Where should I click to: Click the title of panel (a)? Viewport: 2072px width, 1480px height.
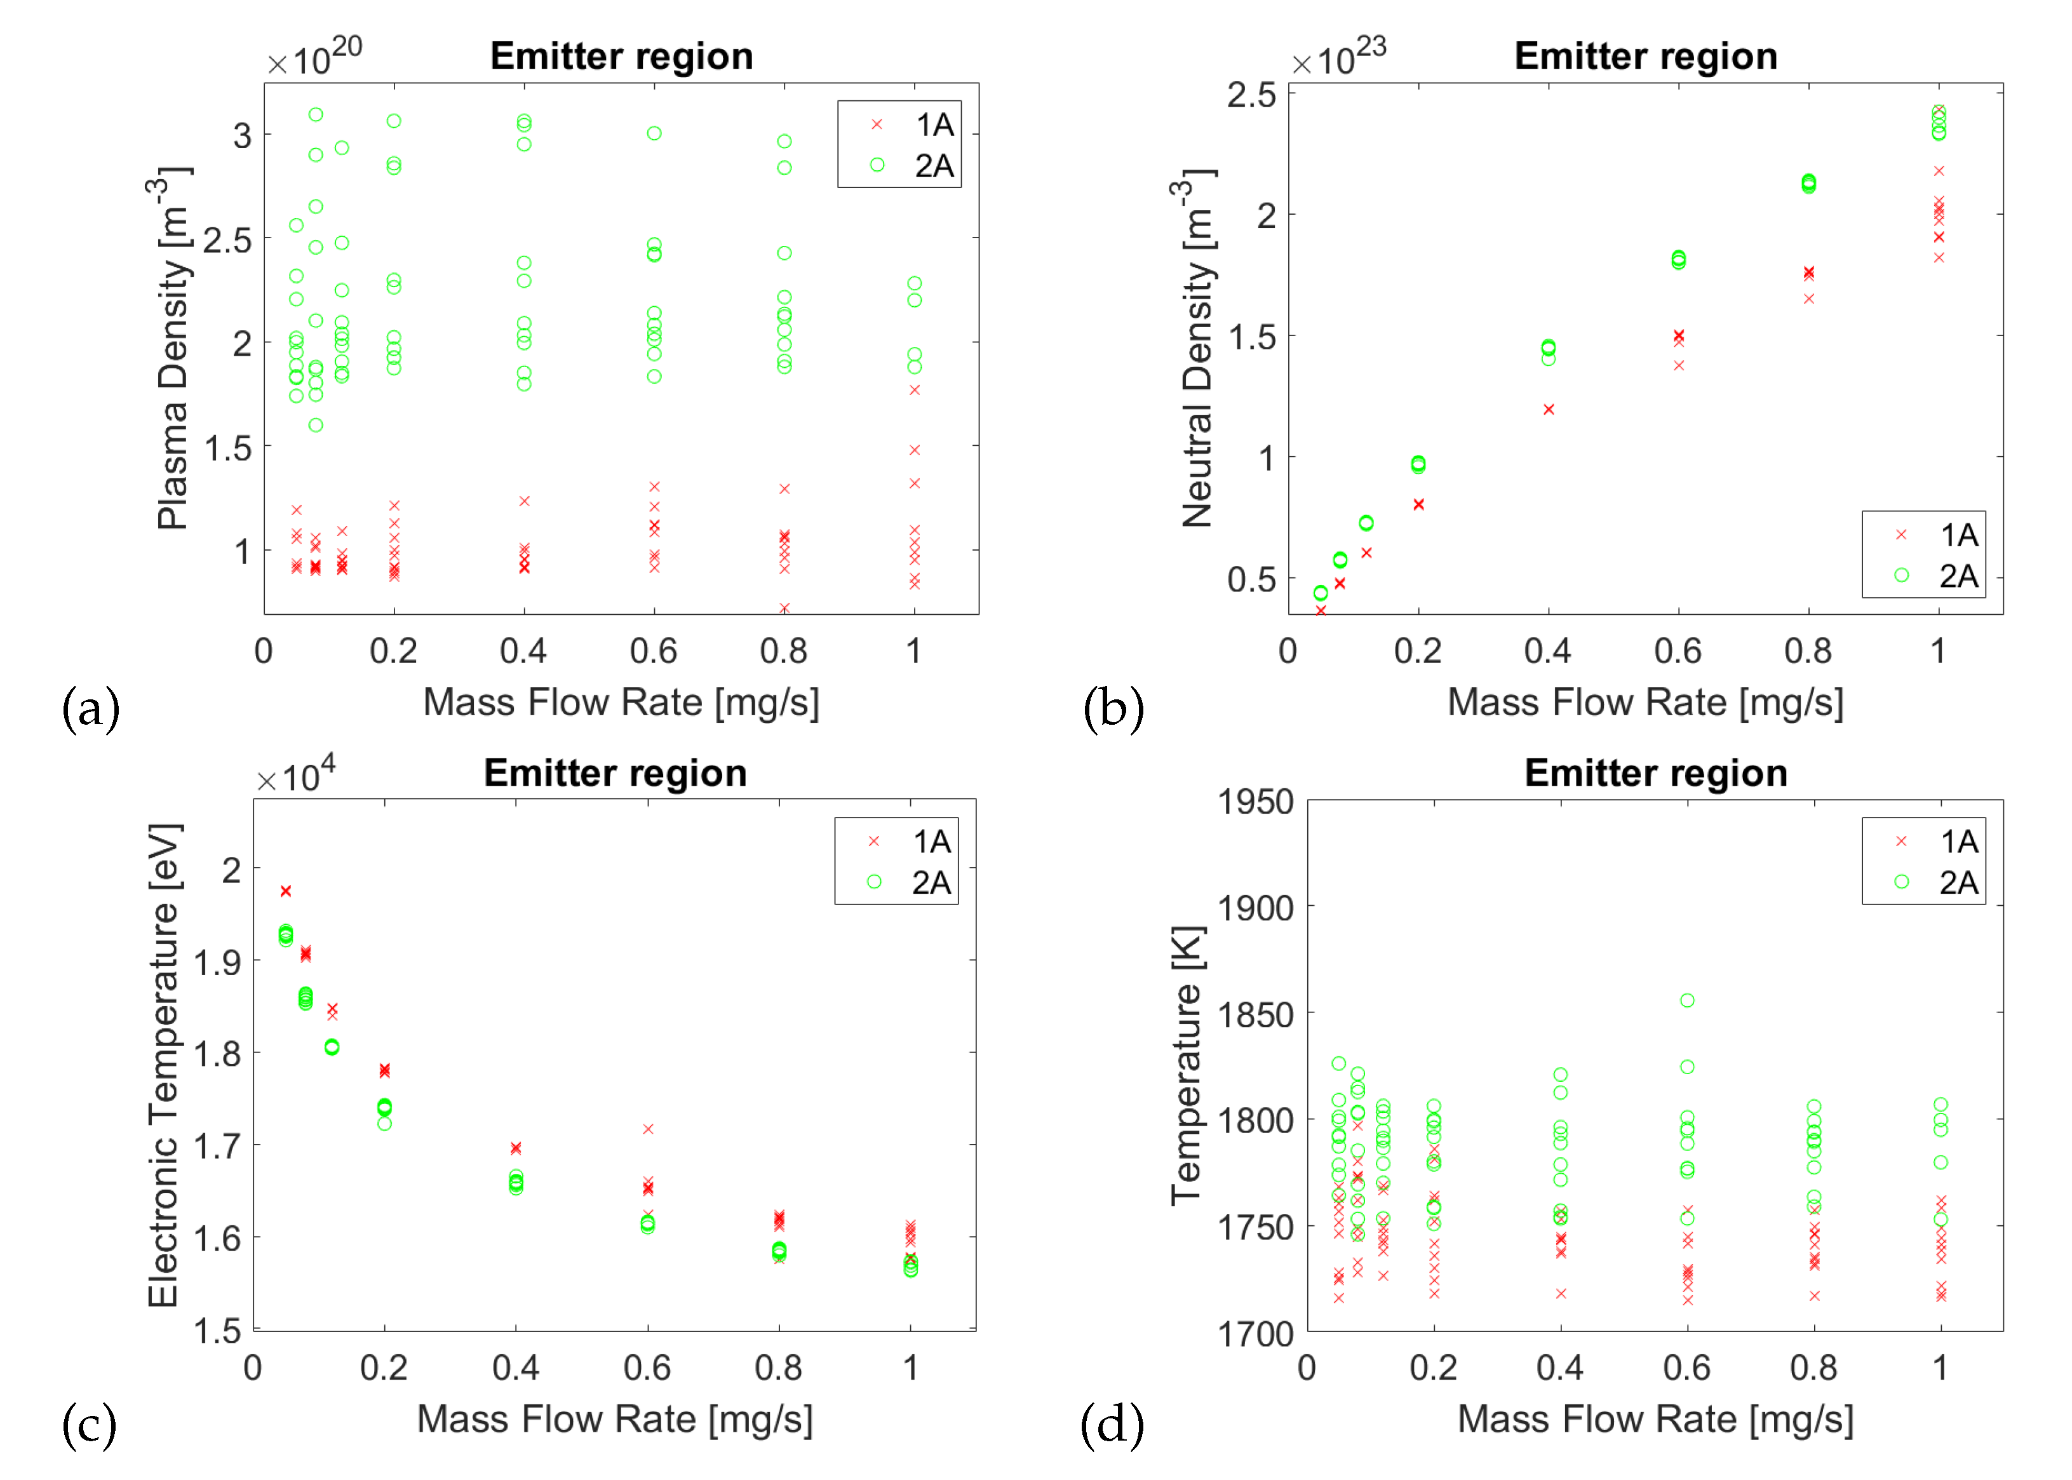[x=621, y=57]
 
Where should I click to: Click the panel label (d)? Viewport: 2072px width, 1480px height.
[x=1111, y=1423]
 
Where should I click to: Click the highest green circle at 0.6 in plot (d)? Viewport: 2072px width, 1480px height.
[x=1686, y=1000]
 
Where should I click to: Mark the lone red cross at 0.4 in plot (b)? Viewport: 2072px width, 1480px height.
[x=1548, y=409]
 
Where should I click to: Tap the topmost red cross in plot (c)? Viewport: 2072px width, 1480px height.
[x=286, y=891]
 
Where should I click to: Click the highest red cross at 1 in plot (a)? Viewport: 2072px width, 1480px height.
[x=914, y=390]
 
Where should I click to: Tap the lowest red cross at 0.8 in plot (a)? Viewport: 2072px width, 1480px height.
[x=784, y=608]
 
